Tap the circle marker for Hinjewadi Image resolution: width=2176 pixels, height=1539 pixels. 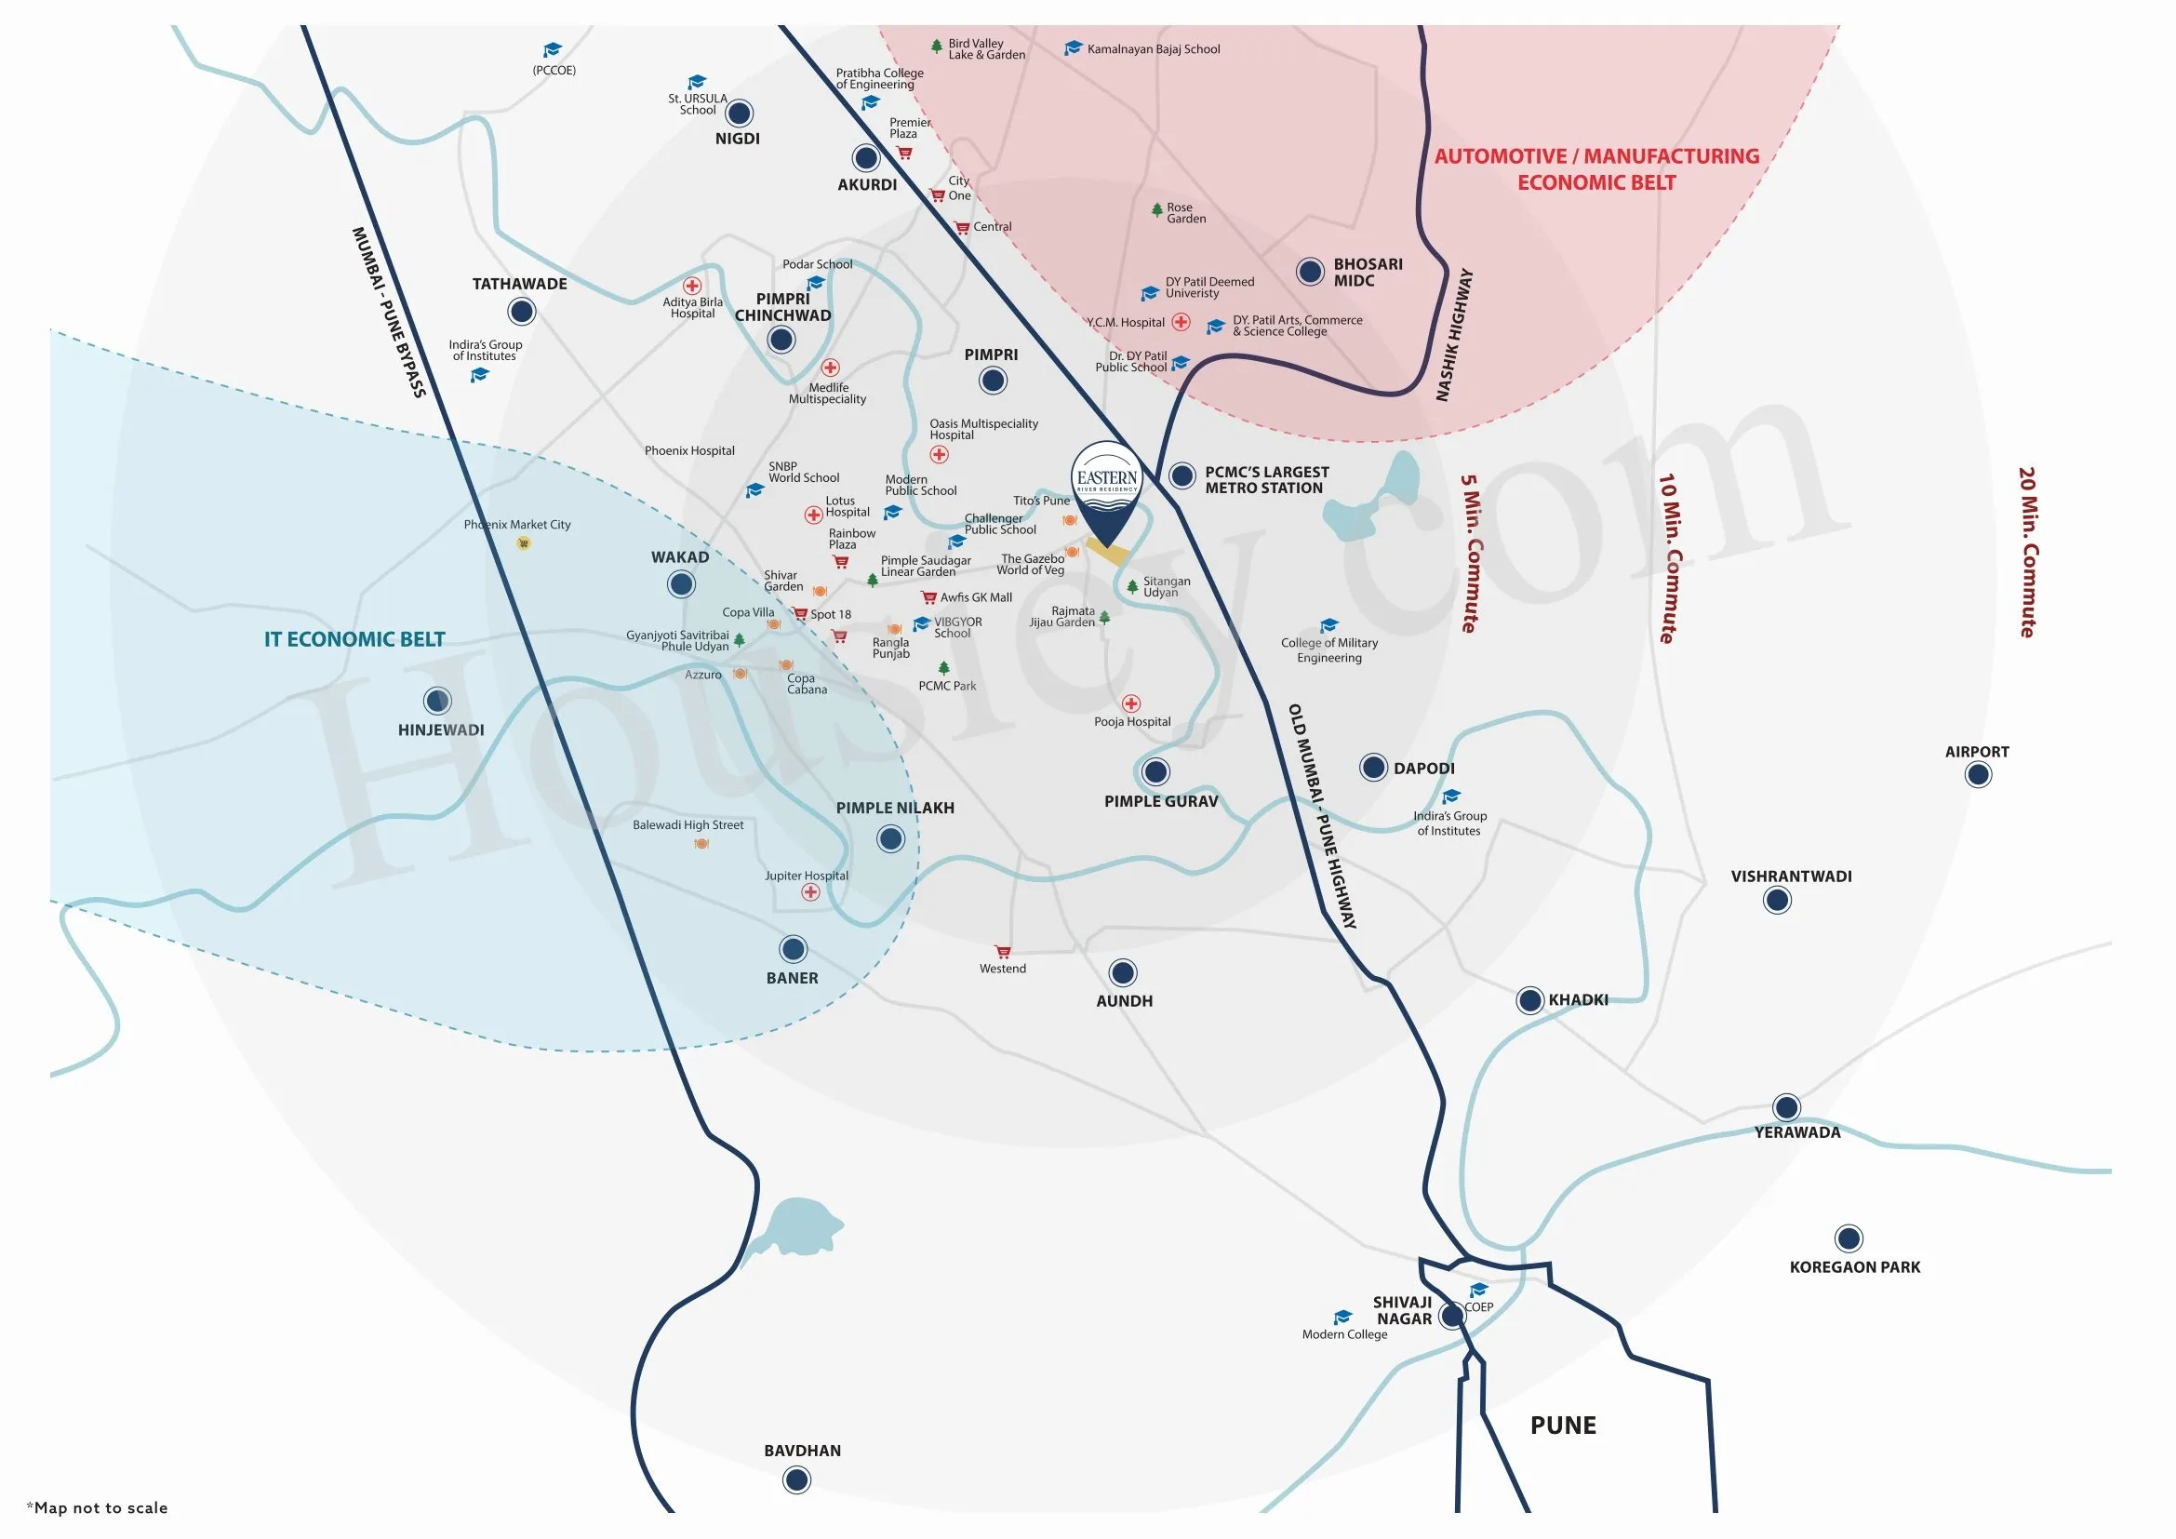click(437, 702)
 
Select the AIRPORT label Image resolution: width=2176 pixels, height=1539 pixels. click(1976, 752)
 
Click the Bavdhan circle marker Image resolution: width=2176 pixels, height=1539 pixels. click(797, 1479)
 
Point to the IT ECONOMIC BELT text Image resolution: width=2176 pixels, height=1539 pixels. click(354, 639)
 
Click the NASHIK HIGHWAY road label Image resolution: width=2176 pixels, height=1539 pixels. click(1454, 335)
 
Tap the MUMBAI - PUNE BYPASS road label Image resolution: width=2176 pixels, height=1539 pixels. click(389, 312)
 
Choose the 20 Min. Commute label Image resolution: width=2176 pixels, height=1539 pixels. click(2027, 553)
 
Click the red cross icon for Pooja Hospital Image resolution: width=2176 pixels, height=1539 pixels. click(1130, 703)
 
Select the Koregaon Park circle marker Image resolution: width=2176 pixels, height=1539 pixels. click(1849, 1238)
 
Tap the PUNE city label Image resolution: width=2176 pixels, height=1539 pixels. click(1563, 1425)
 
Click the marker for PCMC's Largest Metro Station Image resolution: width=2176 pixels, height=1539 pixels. click(1181, 475)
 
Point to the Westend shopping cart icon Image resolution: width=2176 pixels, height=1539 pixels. click(1003, 952)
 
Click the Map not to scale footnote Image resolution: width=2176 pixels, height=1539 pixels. click(98, 1507)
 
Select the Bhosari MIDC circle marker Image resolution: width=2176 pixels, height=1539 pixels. click(1310, 272)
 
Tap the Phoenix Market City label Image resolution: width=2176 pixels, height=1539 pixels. click(517, 525)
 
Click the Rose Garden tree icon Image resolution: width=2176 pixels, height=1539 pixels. click(1156, 209)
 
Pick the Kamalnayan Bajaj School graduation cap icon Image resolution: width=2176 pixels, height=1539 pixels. click(1073, 48)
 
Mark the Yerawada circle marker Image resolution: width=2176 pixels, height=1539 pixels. click(1786, 1107)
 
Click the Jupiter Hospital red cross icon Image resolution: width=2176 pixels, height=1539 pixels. click(810, 892)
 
